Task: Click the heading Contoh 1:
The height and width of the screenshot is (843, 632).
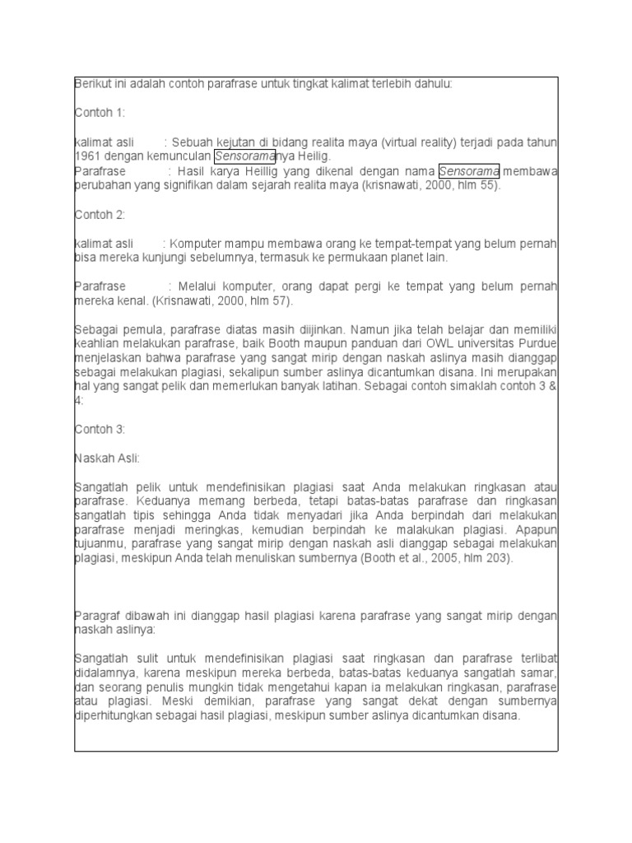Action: coord(99,113)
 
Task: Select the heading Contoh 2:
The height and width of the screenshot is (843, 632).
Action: coord(100,214)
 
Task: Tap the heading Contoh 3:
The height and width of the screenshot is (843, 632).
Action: coord(100,429)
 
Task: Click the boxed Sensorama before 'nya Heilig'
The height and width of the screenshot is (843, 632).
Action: coord(244,156)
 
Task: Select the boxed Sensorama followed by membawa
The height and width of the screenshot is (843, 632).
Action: coord(469,171)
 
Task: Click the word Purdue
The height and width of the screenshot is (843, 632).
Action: coord(539,343)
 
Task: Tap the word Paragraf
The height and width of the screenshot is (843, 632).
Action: coord(96,616)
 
